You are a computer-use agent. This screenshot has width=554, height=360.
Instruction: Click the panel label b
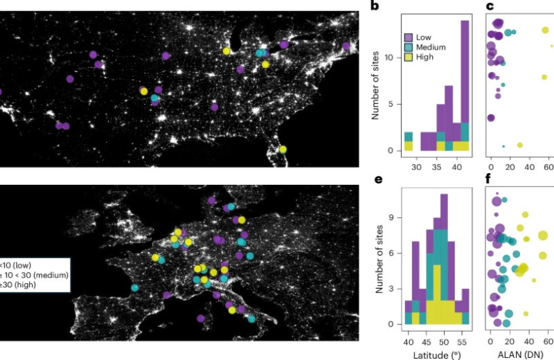click(x=375, y=8)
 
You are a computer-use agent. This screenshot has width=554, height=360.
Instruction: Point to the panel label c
click(x=490, y=8)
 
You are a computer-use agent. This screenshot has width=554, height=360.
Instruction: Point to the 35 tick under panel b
click(x=436, y=167)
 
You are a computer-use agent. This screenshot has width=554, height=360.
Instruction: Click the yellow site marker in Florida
click(x=283, y=149)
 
